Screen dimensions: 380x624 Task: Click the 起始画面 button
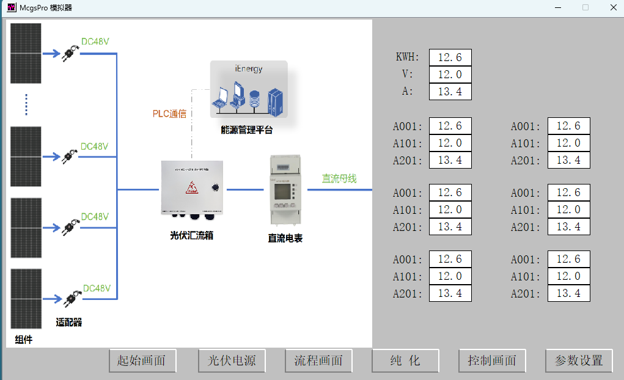point(142,360)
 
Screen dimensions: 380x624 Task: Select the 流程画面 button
point(318,360)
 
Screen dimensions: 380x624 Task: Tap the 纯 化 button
point(405,360)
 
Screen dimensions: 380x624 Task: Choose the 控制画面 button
point(492,360)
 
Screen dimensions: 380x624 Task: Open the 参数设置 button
point(579,360)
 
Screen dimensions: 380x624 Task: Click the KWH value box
point(450,57)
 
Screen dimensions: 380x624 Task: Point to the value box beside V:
point(450,75)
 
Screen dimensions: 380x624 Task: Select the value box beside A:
point(450,92)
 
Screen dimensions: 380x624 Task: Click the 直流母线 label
point(339,179)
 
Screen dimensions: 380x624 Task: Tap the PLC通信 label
point(169,114)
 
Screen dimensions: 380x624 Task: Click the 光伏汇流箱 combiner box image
point(192,188)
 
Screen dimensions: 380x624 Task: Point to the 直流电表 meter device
point(284,191)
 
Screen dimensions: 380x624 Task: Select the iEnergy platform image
point(249,89)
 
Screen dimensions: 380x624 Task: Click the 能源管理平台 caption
point(247,130)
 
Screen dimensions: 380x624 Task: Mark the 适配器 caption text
point(69,322)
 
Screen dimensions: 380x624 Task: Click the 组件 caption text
point(23,340)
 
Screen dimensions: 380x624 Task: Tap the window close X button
point(613,7)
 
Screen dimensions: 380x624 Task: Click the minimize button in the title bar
point(557,7)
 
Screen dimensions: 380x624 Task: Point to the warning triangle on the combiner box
point(192,188)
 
